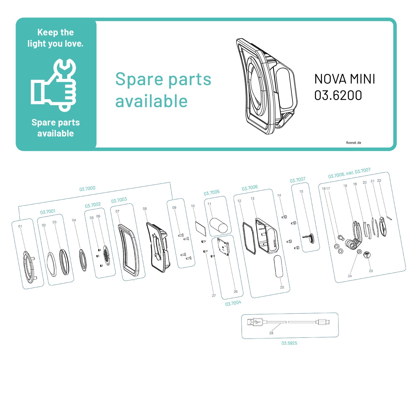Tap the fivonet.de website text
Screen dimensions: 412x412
pyautogui.click(x=353, y=143)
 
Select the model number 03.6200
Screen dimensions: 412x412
pyautogui.click(x=338, y=96)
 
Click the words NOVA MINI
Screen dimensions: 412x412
pyautogui.click(x=345, y=79)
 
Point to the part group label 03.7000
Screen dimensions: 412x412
pyautogui.click(x=87, y=189)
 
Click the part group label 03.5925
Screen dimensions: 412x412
pyautogui.click(x=289, y=343)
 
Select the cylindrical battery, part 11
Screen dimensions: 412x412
pyautogui.click(x=219, y=225)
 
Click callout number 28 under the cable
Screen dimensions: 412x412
pyautogui.click(x=271, y=333)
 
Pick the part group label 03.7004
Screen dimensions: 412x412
pyautogui.click(x=233, y=303)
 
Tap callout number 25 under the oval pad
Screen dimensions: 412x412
pyautogui.click(x=282, y=287)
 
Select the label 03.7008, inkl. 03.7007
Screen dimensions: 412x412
pyautogui.click(x=349, y=173)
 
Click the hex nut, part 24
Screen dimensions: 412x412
pyautogui.click(x=359, y=251)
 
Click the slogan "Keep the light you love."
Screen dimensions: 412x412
pyautogui.click(x=55, y=38)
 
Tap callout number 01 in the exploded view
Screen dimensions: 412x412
pyautogui.click(x=20, y=226)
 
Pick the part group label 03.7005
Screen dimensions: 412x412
pyautogui.click(x=212, y=193)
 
